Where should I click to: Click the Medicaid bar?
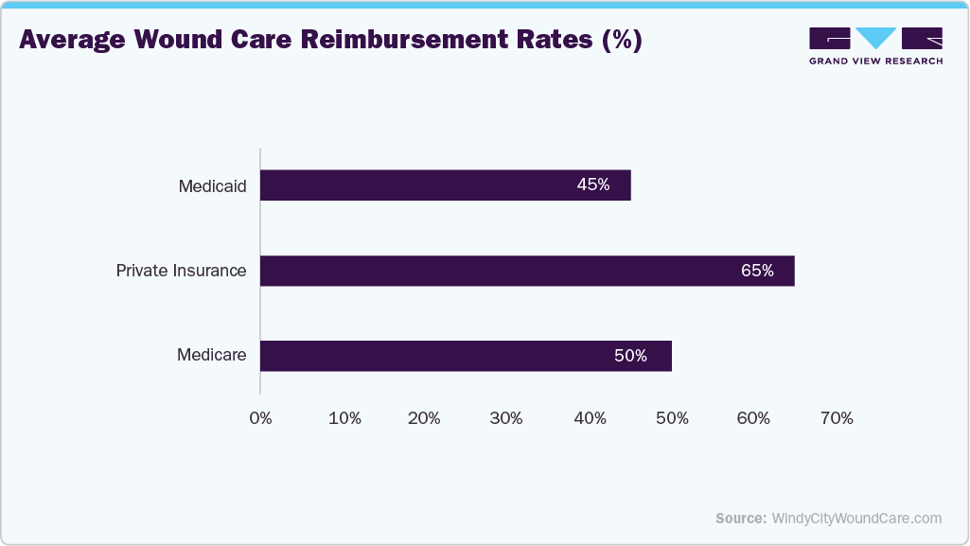click(x=445, y=185)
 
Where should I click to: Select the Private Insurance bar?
click(x=527, y=271)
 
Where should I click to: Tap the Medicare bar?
click(x=466, y=356)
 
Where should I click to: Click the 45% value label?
click(x=593, y=185)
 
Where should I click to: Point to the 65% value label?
click(x=757, y=271)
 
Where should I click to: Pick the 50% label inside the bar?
click(x=630, y=356)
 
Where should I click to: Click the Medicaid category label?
click(x=212, y=186)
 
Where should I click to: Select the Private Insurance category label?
click(x=181, y=271)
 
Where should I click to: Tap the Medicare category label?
click(x=211, y=356)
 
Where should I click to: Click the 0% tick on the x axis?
click(x=260, y=418)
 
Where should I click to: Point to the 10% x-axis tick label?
click(x=344, y=418)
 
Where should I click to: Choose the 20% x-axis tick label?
click(x=425, y=418)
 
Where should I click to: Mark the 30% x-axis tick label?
click(x=507, y=418)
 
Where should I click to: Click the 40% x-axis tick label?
click(x=590, y=418)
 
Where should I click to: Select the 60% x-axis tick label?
click(x=754, y=418)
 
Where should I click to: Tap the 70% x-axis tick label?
click(x=837, y=418)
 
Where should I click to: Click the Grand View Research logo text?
click(x=875, y=62)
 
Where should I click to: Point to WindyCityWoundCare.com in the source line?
click(x=856, y=518)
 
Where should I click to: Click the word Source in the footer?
click(x=740, y=518)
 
